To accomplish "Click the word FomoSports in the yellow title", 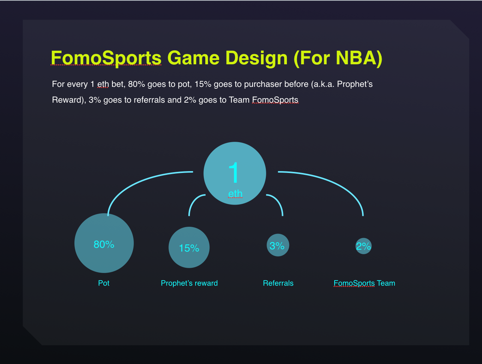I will (x=106, y=58).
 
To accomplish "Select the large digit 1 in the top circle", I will (x=234, y=172).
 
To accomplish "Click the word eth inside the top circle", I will (x=235, y=194).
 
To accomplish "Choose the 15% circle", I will (x=189, y=248).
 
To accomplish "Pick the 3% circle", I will (x=277, y=245).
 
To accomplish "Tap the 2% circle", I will (x=364, y=246).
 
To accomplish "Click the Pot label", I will (x=104, y=283).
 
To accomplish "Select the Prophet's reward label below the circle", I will (x=189, y=283).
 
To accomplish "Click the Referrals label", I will (x=278, y=283).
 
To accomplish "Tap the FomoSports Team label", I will (x=364, y=283).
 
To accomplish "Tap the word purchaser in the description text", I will (x=263, y=84).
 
